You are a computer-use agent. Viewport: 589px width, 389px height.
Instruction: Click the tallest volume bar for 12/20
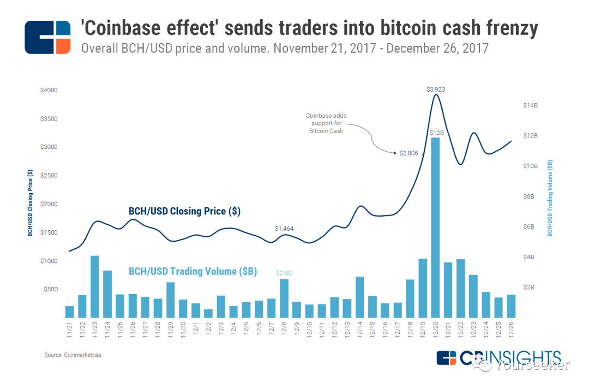pos(435,228)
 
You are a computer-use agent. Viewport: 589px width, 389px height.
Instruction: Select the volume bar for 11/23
pos(94,286)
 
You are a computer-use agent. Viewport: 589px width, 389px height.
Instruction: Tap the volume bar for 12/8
pos(284,298)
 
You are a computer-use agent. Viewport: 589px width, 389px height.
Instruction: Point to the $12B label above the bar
pos(436,133)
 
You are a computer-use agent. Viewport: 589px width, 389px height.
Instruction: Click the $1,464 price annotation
pos(284,229)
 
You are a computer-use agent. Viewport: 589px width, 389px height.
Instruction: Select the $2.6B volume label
pos(284,273)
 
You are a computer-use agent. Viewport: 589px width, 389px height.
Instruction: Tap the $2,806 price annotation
pos(408,153)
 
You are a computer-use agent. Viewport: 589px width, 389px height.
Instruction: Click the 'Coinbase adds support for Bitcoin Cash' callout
pos(326,123)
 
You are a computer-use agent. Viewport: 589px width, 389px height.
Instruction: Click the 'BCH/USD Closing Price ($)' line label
pos(184,211)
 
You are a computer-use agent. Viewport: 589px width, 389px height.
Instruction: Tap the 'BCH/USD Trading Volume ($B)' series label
pos(193,271)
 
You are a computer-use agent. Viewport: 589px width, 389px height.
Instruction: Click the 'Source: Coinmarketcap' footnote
pos(73,355)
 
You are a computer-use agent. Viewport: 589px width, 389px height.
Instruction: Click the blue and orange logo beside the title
pos(48,37)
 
